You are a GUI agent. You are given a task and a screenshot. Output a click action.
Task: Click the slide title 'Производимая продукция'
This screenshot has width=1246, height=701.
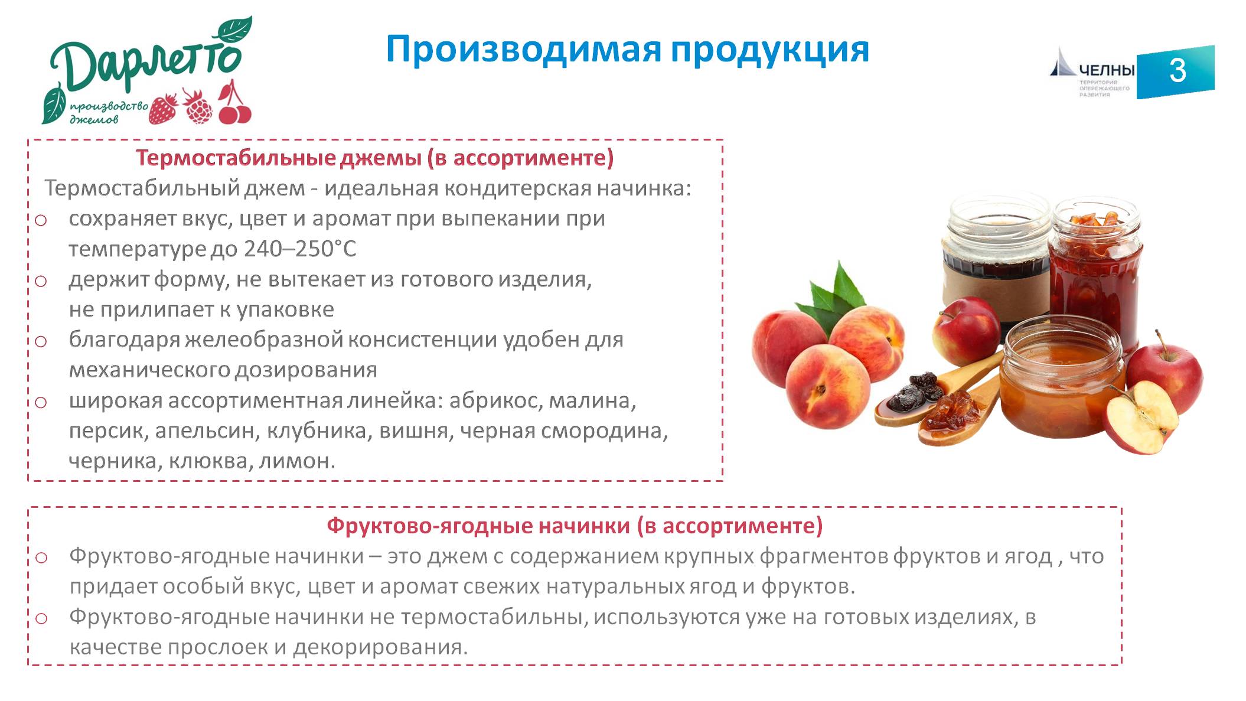point(627,50)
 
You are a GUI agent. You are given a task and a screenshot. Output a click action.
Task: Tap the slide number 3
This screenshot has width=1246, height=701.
point(1177,71)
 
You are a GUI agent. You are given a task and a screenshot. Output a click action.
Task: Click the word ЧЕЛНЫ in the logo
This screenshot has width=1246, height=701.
point(1107,70)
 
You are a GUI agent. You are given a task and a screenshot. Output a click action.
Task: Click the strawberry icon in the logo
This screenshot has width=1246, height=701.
point(163,109)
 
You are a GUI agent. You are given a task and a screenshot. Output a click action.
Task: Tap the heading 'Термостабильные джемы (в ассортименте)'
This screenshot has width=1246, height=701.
point(375,158)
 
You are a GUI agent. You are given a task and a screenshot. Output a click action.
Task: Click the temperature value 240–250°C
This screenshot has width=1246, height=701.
point(300,249)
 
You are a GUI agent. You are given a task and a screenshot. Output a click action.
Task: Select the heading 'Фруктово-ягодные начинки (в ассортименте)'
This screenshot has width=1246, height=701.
point(575,526)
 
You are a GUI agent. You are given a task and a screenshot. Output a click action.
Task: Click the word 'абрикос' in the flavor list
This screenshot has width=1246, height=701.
point(495,400)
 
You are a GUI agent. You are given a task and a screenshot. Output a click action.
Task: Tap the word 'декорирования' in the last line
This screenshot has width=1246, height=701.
point(380,647)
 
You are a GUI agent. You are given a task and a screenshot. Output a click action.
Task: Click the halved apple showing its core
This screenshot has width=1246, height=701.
point(1141,417)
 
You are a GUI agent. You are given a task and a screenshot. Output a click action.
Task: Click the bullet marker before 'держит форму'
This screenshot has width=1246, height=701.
point(41,281)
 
